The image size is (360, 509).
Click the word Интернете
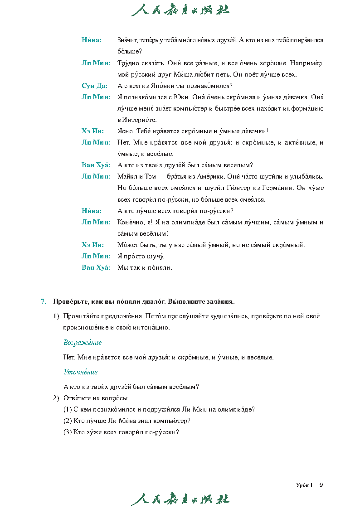click(139, 120)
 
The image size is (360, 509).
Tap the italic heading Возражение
click(83, 343)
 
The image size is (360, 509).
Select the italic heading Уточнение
click(81, 372)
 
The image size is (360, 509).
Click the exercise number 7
click(44, 301)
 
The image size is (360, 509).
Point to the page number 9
click(321, 485)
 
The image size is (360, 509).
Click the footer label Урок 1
click(304, 485)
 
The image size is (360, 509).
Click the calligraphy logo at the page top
click(180, 10)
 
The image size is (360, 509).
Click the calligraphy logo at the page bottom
click(180, 499)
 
